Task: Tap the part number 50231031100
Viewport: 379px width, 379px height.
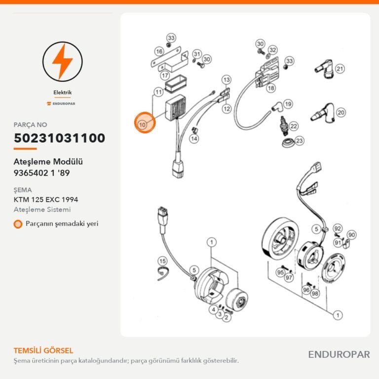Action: click(59, 138)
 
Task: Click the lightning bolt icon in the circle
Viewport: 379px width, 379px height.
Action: click(62, 62)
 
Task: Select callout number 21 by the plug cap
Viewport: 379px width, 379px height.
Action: click(340, 69)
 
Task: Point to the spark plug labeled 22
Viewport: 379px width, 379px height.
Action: click(283, 126)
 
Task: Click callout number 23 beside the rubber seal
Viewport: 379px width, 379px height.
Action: click(299, 141)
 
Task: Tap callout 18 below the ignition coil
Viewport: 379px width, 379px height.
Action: click(271, 88)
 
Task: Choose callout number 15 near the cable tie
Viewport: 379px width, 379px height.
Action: click(162, 261)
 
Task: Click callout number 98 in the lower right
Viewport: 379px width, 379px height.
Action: click(315, 294)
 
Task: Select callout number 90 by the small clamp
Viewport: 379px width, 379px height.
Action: click(351, 235)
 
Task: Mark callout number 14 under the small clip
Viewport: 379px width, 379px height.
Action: click(194, 139)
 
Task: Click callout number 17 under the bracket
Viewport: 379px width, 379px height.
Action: click(165, 76)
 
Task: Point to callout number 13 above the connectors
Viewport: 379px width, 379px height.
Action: click(227, 80)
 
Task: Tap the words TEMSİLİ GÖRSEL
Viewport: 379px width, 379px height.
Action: click(43, 350)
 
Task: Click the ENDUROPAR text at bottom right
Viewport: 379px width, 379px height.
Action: click(339, 355)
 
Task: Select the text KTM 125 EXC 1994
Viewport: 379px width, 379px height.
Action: click(46, 200)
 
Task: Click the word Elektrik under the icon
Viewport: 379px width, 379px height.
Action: click(63, 92)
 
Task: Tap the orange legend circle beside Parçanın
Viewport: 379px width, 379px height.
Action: click(18, 224)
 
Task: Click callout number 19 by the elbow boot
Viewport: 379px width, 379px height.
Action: click(288, 104)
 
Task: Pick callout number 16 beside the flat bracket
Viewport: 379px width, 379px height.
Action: click(159, 51)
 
